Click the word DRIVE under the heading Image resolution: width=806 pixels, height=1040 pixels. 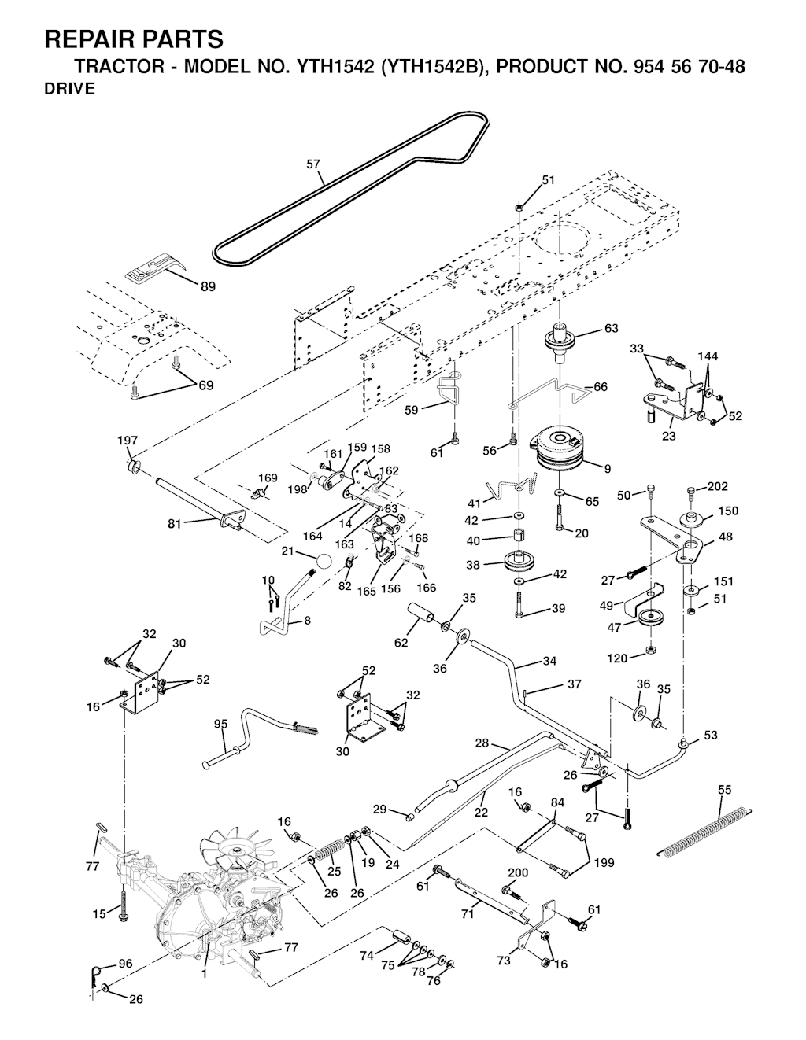tap(69, 89)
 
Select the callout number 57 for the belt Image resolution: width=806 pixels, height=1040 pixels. tap(313, 165)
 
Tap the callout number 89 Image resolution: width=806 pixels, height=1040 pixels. tap(208, 287)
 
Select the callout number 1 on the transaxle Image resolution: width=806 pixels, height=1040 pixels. tap(205, 973)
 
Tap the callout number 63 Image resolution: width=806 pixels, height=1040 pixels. tap(611, 329)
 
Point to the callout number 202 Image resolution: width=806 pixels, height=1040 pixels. tap(718, 487)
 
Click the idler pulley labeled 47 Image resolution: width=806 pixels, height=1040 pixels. tap(653, 619)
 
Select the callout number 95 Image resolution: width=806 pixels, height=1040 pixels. tap(221, 723)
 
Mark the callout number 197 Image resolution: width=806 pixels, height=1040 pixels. tap(127, 441)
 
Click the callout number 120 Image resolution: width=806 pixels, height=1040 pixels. tap(618, 658)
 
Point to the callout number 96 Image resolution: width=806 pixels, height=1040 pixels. tap(126, 963)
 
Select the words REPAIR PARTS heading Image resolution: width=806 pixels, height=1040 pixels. tap(134, 39)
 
